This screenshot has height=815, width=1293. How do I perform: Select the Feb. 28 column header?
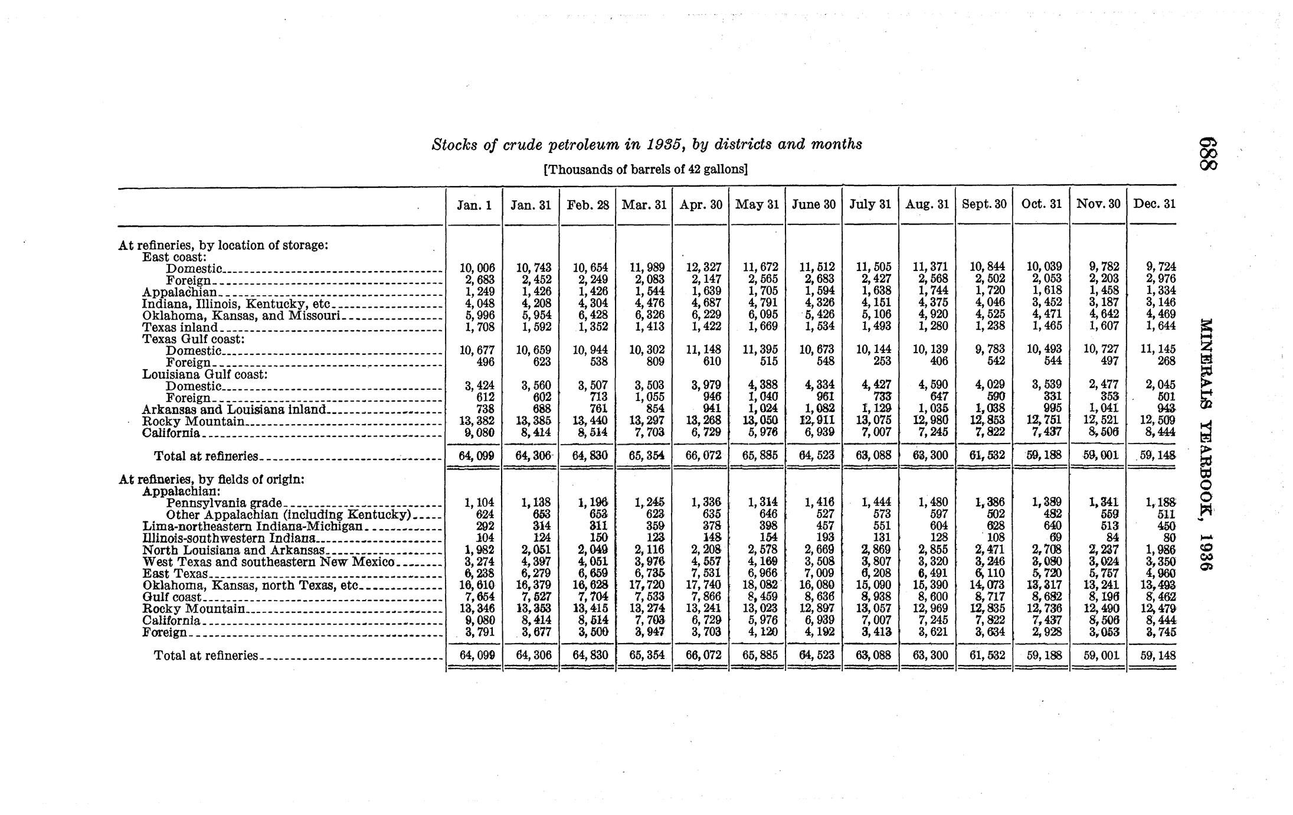pyautogui.click(x=587, y=204)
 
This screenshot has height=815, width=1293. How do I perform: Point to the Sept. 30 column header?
pyautogui.click(x=984, y=204)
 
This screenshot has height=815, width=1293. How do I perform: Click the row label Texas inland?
pyautogui.click(x=180, y=327)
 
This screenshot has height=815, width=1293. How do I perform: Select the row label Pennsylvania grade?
pyautogui.click(x=224, y=503)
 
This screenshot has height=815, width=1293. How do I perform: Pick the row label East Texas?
pyautogui.click(x=175, y=573)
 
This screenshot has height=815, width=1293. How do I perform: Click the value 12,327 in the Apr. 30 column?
pyautogui.click(x=703, y=268)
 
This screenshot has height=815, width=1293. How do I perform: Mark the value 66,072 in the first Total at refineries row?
pyautogui.click(x=702, y=456)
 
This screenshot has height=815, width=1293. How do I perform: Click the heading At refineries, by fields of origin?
pyautogui.click(x=211, y=480)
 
